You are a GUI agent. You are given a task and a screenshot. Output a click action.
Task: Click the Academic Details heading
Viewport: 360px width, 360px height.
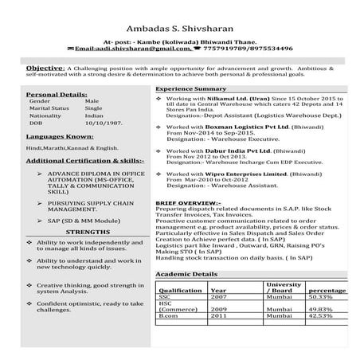(186, 273)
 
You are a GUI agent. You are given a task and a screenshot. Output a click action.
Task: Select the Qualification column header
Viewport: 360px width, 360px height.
(180, 291)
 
